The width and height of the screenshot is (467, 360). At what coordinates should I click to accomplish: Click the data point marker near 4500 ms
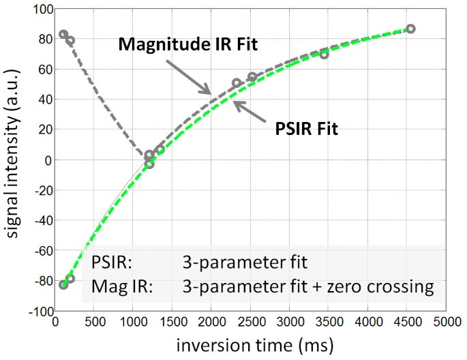410,29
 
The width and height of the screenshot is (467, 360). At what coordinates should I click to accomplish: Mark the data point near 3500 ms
324,54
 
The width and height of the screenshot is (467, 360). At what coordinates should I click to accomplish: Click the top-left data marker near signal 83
63,34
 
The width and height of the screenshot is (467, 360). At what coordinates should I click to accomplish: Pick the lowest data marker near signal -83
63,285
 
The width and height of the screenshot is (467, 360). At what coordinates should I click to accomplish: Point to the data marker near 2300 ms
237,83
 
